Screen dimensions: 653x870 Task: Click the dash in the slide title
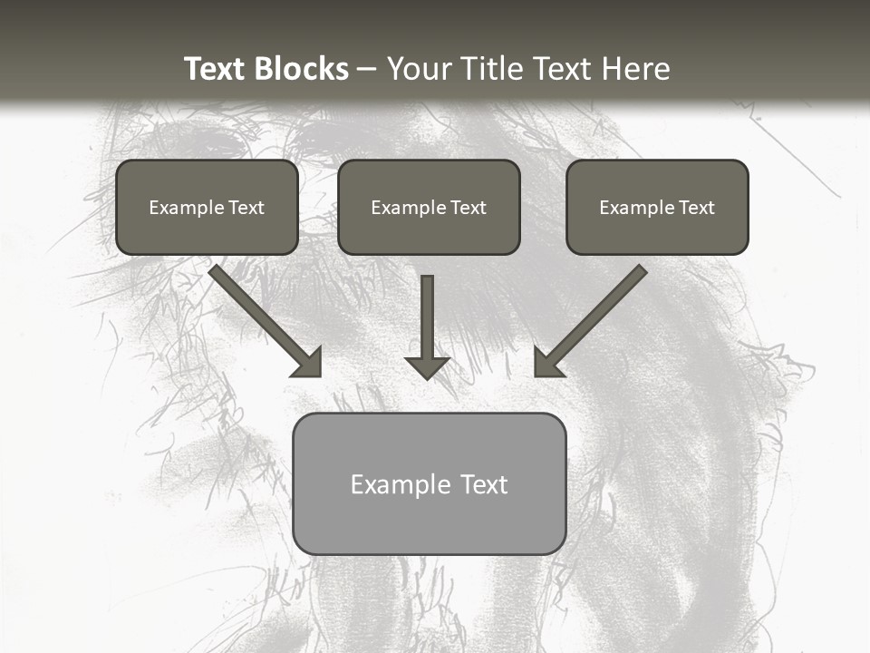pos(367,69)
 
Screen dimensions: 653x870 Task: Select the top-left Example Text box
pos(207,207)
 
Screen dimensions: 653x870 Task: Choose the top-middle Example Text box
pos(429,207)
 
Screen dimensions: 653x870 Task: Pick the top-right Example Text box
pos(657,207)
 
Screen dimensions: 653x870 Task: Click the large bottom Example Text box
pos(429,483)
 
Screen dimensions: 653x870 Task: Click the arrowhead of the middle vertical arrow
pos(427,367)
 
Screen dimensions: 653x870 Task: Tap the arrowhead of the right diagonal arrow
pos(547,363)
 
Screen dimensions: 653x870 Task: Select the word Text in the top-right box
pos(697,208)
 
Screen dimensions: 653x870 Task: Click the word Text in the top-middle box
pos(469,208)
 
